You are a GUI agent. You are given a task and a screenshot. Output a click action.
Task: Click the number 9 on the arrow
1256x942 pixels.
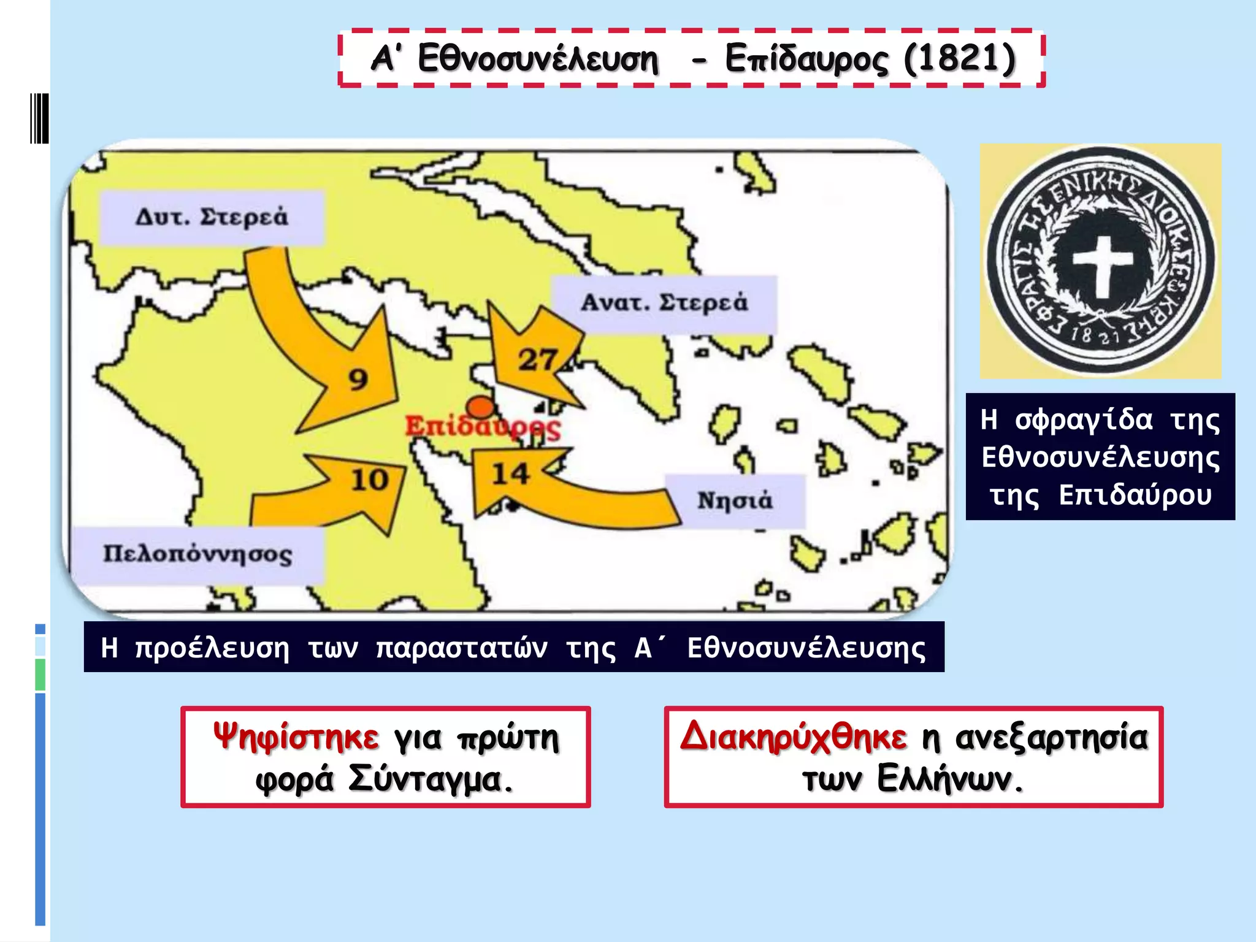pyautogui.click(x=359, y=380)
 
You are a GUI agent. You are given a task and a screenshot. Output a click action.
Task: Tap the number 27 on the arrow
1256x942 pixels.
pyautogui.click(x=538, y=360)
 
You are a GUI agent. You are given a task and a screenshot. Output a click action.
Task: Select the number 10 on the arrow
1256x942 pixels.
pyautogui.click(x=370, y=480)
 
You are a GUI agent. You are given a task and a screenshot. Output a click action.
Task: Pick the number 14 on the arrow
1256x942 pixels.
pyautogui.click(x=510, y=474)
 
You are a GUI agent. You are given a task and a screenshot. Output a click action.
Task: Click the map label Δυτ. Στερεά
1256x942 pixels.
pyautogui.click(x=212, y=218)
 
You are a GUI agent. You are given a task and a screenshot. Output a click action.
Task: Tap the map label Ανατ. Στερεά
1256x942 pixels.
pyautogui.click(x=664, y=303)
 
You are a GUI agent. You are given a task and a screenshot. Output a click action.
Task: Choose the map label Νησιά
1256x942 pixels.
pyautogui.click(x=735, y=500)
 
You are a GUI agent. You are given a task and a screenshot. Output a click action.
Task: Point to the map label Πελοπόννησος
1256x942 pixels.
pyautogui.click(x=197, y=554)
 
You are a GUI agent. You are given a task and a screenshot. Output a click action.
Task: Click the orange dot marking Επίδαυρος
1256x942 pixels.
pyautogui.click(x=480, y=407)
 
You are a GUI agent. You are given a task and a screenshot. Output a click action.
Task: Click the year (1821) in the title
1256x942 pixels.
pyautogui.click(x=960, y=59)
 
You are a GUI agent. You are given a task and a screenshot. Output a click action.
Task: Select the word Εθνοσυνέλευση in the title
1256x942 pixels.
pyautogui.click(x=538, y=59)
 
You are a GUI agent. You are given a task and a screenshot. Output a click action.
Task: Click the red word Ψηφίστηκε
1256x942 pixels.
pyautogui.click(x=296, y=737)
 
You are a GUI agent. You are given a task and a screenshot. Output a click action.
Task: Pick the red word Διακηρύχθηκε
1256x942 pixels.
pyautogui.click(x=793, y=736)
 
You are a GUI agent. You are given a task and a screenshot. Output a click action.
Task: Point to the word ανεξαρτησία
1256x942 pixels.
pyautogui.click(x=1051, y=737)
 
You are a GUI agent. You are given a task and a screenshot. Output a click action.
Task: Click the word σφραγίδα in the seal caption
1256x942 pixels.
pyautogui.click(x=1084, y=420)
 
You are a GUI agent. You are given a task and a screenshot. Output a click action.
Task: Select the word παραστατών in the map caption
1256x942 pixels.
pyautogui.click(x=461, y=648)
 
